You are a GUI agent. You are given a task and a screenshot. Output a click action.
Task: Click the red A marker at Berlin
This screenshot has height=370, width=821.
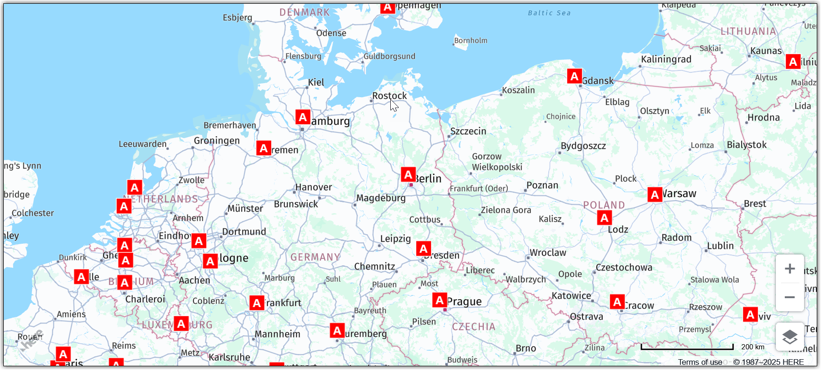(408, 175)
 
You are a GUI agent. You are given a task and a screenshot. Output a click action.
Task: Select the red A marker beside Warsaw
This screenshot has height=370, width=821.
(655, 194)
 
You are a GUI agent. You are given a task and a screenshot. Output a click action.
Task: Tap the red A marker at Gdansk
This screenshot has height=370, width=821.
(574, 76)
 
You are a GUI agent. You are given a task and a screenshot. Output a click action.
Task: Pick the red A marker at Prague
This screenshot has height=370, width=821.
(440, 300)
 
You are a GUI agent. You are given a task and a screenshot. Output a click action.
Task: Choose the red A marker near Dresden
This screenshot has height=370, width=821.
(424, 248)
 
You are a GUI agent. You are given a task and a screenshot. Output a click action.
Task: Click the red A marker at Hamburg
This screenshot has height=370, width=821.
(303, 117)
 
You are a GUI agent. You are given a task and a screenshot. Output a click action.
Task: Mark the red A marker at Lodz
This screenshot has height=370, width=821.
(604, 217)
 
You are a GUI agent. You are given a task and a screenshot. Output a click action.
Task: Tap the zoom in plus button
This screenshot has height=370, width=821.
(789, 269)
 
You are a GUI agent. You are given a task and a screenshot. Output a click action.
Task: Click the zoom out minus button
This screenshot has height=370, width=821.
(789, 297)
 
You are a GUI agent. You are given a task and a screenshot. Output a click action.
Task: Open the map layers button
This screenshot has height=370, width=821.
(789, 337)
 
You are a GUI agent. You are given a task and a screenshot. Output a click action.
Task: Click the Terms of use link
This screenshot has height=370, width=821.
(700, 362)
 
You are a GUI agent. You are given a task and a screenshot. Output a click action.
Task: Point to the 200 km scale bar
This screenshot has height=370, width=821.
(687, 347)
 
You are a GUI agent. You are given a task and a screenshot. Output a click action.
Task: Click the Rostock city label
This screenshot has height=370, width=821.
(389, 96)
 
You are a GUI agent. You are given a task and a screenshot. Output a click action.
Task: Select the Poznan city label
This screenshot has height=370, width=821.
(542, 185)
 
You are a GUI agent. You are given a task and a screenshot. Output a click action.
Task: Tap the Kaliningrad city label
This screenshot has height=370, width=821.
(666, 59)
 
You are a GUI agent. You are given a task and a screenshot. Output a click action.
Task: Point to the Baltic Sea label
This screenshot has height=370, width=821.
(549, 13)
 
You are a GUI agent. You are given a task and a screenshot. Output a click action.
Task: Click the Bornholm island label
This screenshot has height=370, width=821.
(471, 41)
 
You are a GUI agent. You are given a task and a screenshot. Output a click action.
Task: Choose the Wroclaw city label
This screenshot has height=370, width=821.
(548, 253)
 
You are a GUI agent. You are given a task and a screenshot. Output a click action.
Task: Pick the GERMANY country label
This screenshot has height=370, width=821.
(315, 257)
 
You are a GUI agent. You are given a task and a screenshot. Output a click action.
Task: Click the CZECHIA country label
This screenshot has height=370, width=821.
(474, 327)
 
